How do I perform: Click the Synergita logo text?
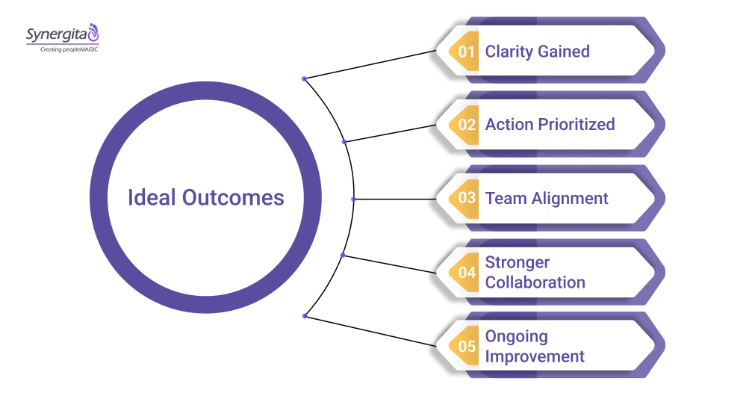56,34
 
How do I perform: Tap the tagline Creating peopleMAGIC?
62,49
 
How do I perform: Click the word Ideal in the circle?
153,197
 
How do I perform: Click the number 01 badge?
467,52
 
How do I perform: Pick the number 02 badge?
467,125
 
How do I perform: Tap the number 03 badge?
467,198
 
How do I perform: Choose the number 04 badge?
467,273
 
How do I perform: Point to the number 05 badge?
467,346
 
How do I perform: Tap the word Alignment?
571,198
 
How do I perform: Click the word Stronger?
518,262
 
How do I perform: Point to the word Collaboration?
535,282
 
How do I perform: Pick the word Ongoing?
516,336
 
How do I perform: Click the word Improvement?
535,356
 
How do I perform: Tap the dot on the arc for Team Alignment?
353,199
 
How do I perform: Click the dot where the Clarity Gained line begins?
304,78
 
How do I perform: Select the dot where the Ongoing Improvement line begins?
304,316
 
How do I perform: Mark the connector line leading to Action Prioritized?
388,133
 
